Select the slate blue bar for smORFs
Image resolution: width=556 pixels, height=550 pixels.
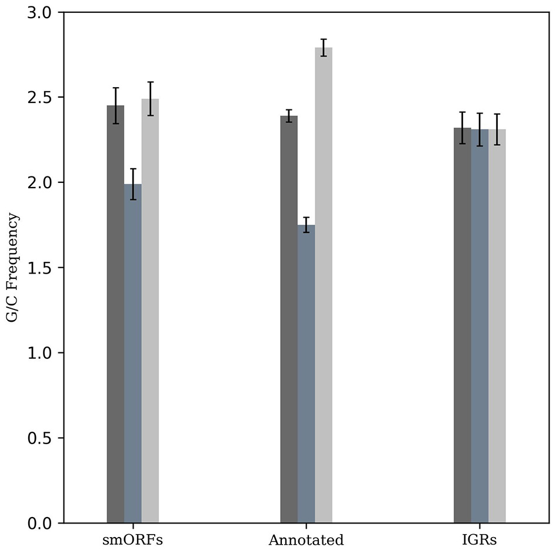pos(133,354)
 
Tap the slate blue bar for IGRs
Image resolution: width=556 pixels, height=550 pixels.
pos(480,326)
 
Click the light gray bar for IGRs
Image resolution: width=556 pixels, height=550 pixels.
pos(497,326)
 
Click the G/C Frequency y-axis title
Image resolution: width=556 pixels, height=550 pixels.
pos(12,268)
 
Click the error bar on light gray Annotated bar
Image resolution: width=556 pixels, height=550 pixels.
pos(324,48)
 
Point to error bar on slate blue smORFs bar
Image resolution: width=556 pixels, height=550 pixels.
pos(133,184)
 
